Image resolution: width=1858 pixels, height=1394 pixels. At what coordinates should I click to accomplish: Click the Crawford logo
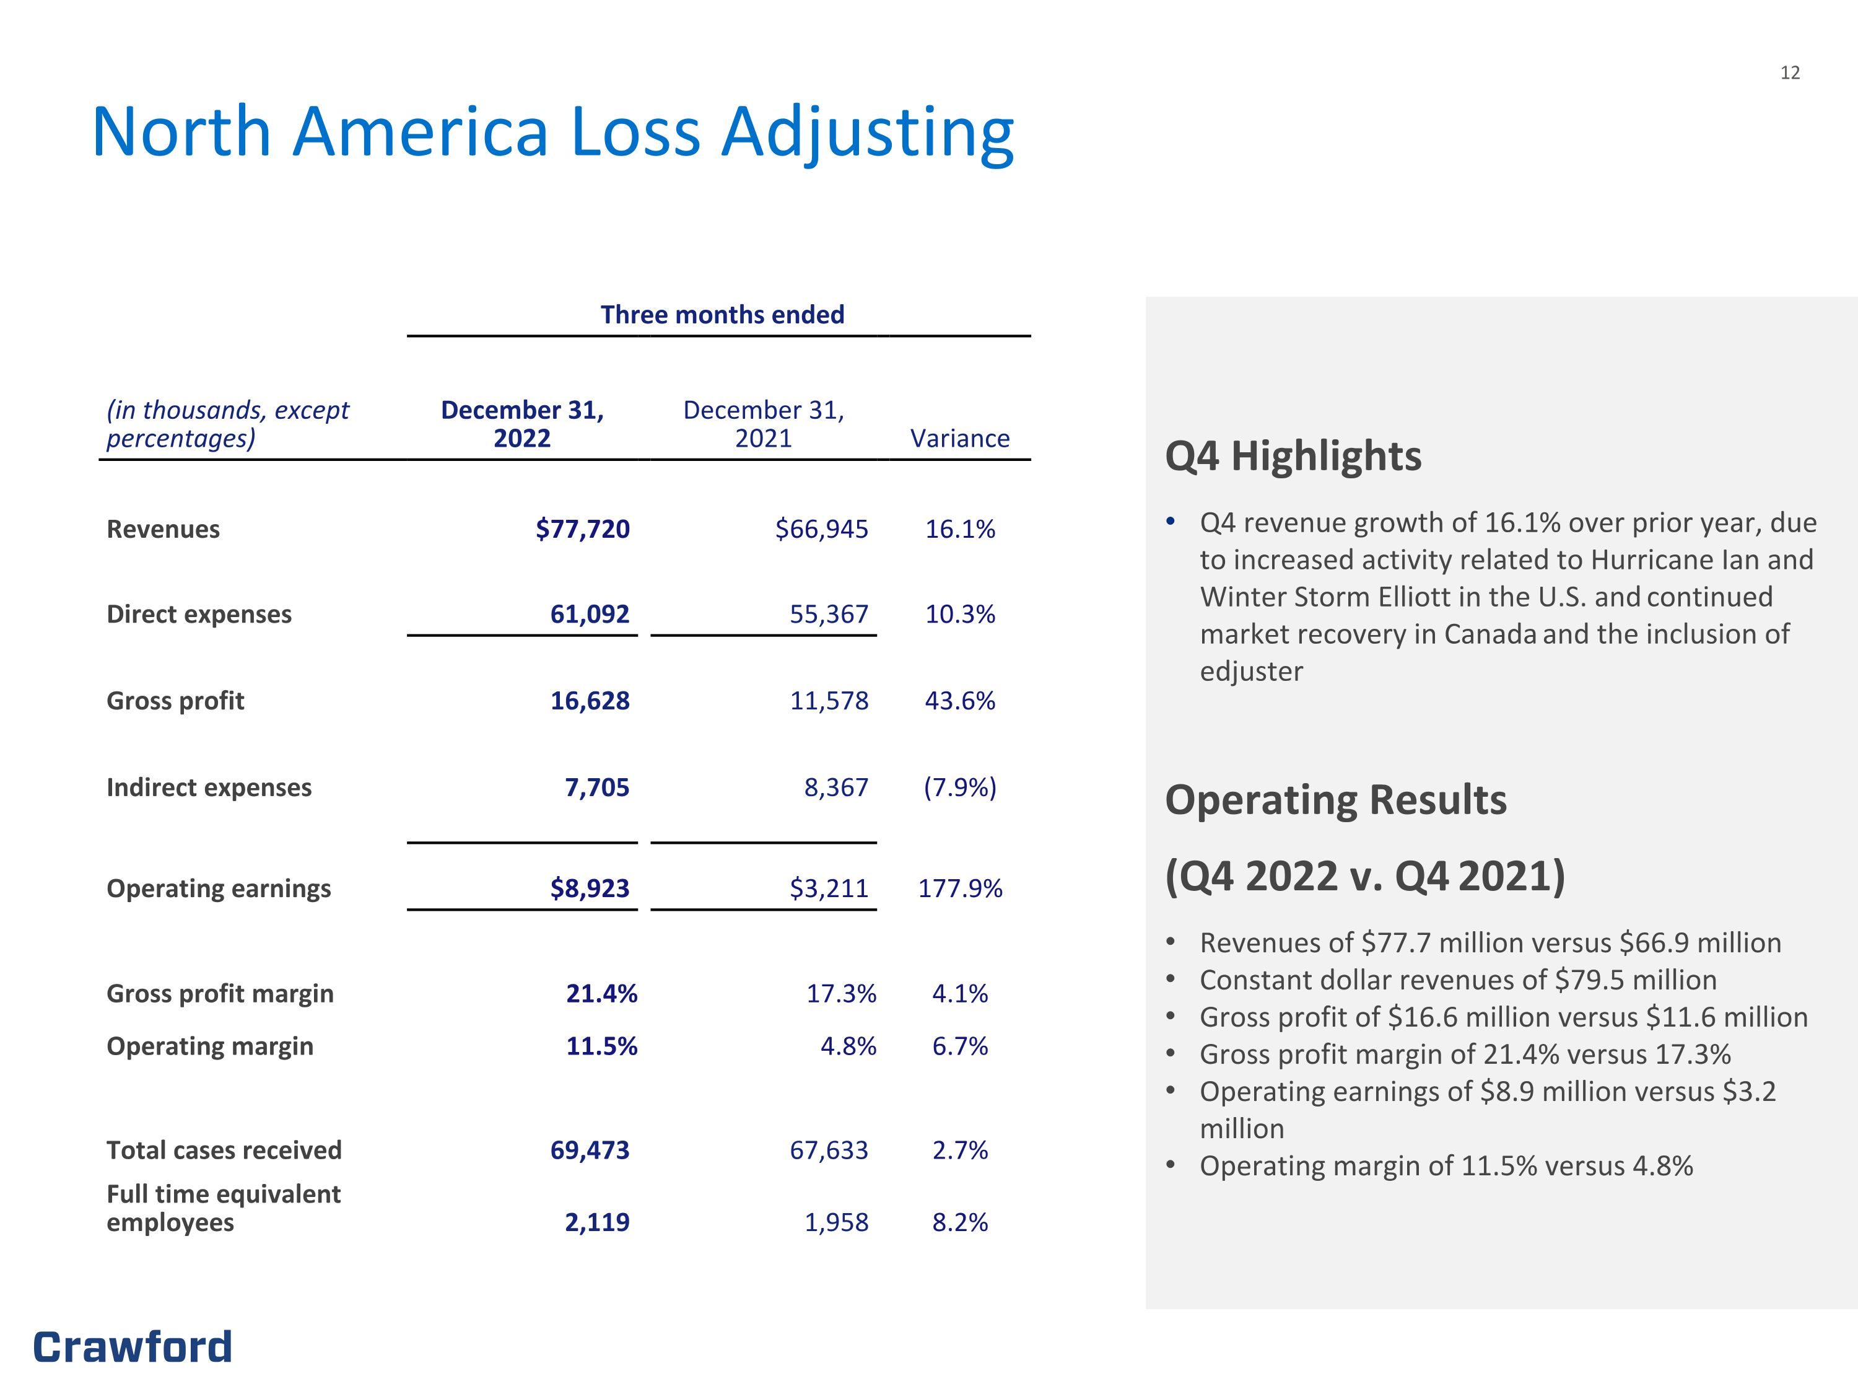click(x=133, y=1347)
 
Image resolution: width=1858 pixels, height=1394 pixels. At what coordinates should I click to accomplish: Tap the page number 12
click(x=1790, y=73)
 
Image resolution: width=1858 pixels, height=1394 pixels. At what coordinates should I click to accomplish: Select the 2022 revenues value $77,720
click(x=583, y=528)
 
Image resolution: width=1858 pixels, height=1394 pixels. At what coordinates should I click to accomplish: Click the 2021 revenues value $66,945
click(x=821, y=528)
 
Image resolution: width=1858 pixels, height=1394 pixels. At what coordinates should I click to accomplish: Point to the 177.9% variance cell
click(x=960, y=888)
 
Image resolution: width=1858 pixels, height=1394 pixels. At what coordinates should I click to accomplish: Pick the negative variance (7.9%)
click(x=960, y=787)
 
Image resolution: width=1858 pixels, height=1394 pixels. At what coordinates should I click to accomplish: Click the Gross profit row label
click(x=175, y=701)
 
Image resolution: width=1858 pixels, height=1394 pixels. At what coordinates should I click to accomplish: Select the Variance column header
click(x=960, y=439)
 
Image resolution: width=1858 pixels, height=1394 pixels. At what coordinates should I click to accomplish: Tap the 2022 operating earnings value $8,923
click(x=590, y=888)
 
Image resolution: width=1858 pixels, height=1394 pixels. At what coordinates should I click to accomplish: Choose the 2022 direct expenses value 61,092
click(x=590, y=614)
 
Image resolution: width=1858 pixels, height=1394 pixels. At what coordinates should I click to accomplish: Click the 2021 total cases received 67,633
click(x=829, y=1151)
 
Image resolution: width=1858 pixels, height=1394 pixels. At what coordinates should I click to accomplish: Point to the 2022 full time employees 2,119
click(x=597, y=1222)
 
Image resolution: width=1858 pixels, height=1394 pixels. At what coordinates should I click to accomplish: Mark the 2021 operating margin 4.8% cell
click(x=848, y=1046)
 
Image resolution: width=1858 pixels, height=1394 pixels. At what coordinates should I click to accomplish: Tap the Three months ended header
click(x=722, y=315)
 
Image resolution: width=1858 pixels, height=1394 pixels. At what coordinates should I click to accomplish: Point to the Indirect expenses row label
click(x=209, y=787)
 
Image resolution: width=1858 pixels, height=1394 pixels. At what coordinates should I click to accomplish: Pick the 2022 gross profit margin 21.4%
click(x=601, y=994)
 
